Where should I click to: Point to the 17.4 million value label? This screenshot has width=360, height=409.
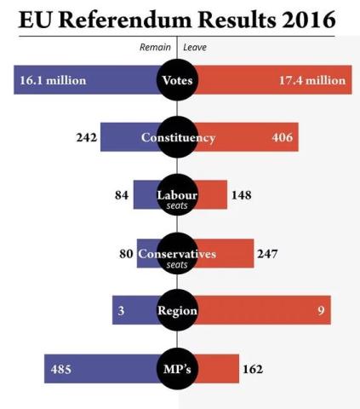pyautogui.click(x=311, y=80)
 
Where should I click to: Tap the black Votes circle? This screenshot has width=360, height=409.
pyautogui.click(x=177, y=81)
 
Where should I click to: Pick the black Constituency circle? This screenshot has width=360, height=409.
pyautogui.click(x=177, y=138)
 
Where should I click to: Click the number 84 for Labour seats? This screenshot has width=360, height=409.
pyautogui.click(x=120, y=196)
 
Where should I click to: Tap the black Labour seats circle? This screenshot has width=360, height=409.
pyautogui.click(x=177, y=197)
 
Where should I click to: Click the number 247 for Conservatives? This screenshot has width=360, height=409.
pyautogui.click(x=268, y=254)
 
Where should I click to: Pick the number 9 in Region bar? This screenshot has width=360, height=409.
pyautogui.click(x=321, y=311)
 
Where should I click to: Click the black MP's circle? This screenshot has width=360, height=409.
pyautogui.click(x=177, y=369)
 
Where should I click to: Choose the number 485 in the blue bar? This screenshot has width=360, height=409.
pyautogui.click(x=62, y=369)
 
